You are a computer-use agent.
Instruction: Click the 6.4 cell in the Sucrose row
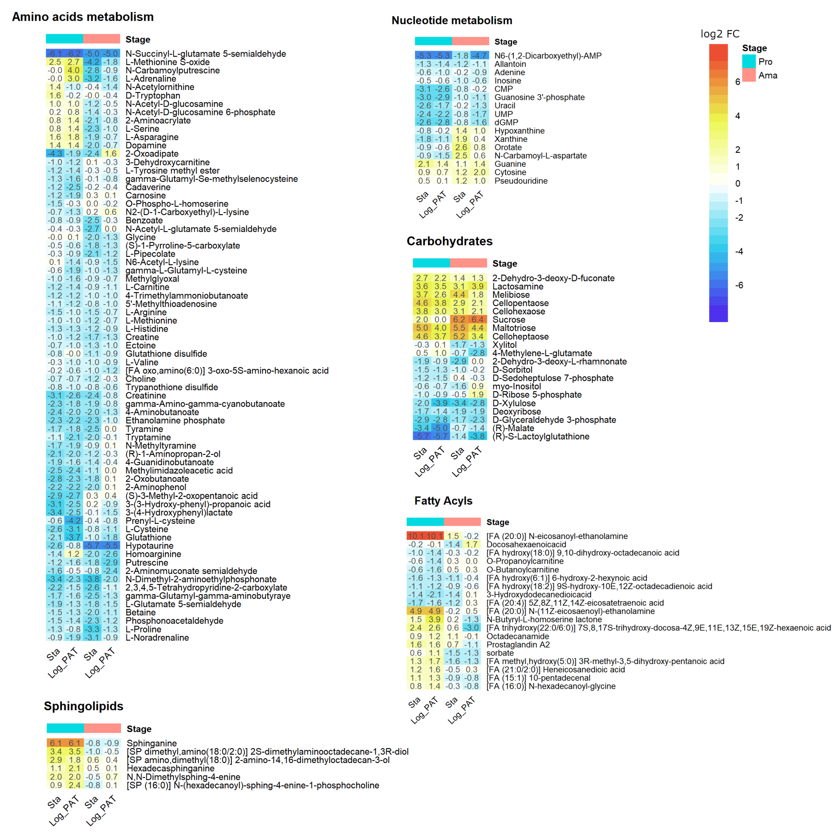click(478, 320)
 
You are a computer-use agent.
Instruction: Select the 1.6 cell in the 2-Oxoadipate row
click(110, 154)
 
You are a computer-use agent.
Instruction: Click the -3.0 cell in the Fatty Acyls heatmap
click(471, 628)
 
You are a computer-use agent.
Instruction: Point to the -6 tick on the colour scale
click(739, 285)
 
